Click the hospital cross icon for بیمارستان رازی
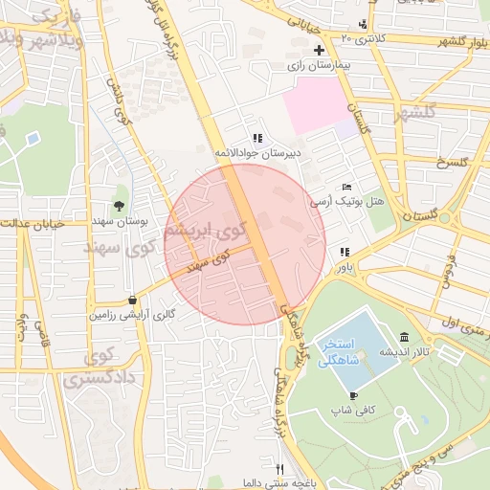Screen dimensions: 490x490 [319, 50]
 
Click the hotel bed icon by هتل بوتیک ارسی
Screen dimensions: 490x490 [346, 187]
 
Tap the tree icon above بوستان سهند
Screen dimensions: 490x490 [119, 205]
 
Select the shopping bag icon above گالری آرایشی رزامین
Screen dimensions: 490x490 [132, 299]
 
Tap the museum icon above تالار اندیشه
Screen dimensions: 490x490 [405, 337]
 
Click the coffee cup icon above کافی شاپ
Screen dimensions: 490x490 [354, 395]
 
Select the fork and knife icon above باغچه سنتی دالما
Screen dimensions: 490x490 [279, 469]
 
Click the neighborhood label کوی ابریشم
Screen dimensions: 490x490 [205, 231]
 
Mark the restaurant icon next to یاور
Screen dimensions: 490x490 [344, 253]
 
